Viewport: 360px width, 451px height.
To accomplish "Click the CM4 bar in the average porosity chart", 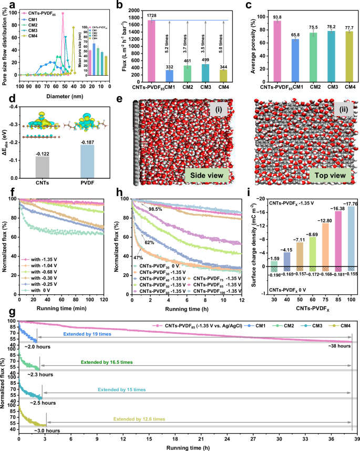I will [x=348, y=55].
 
